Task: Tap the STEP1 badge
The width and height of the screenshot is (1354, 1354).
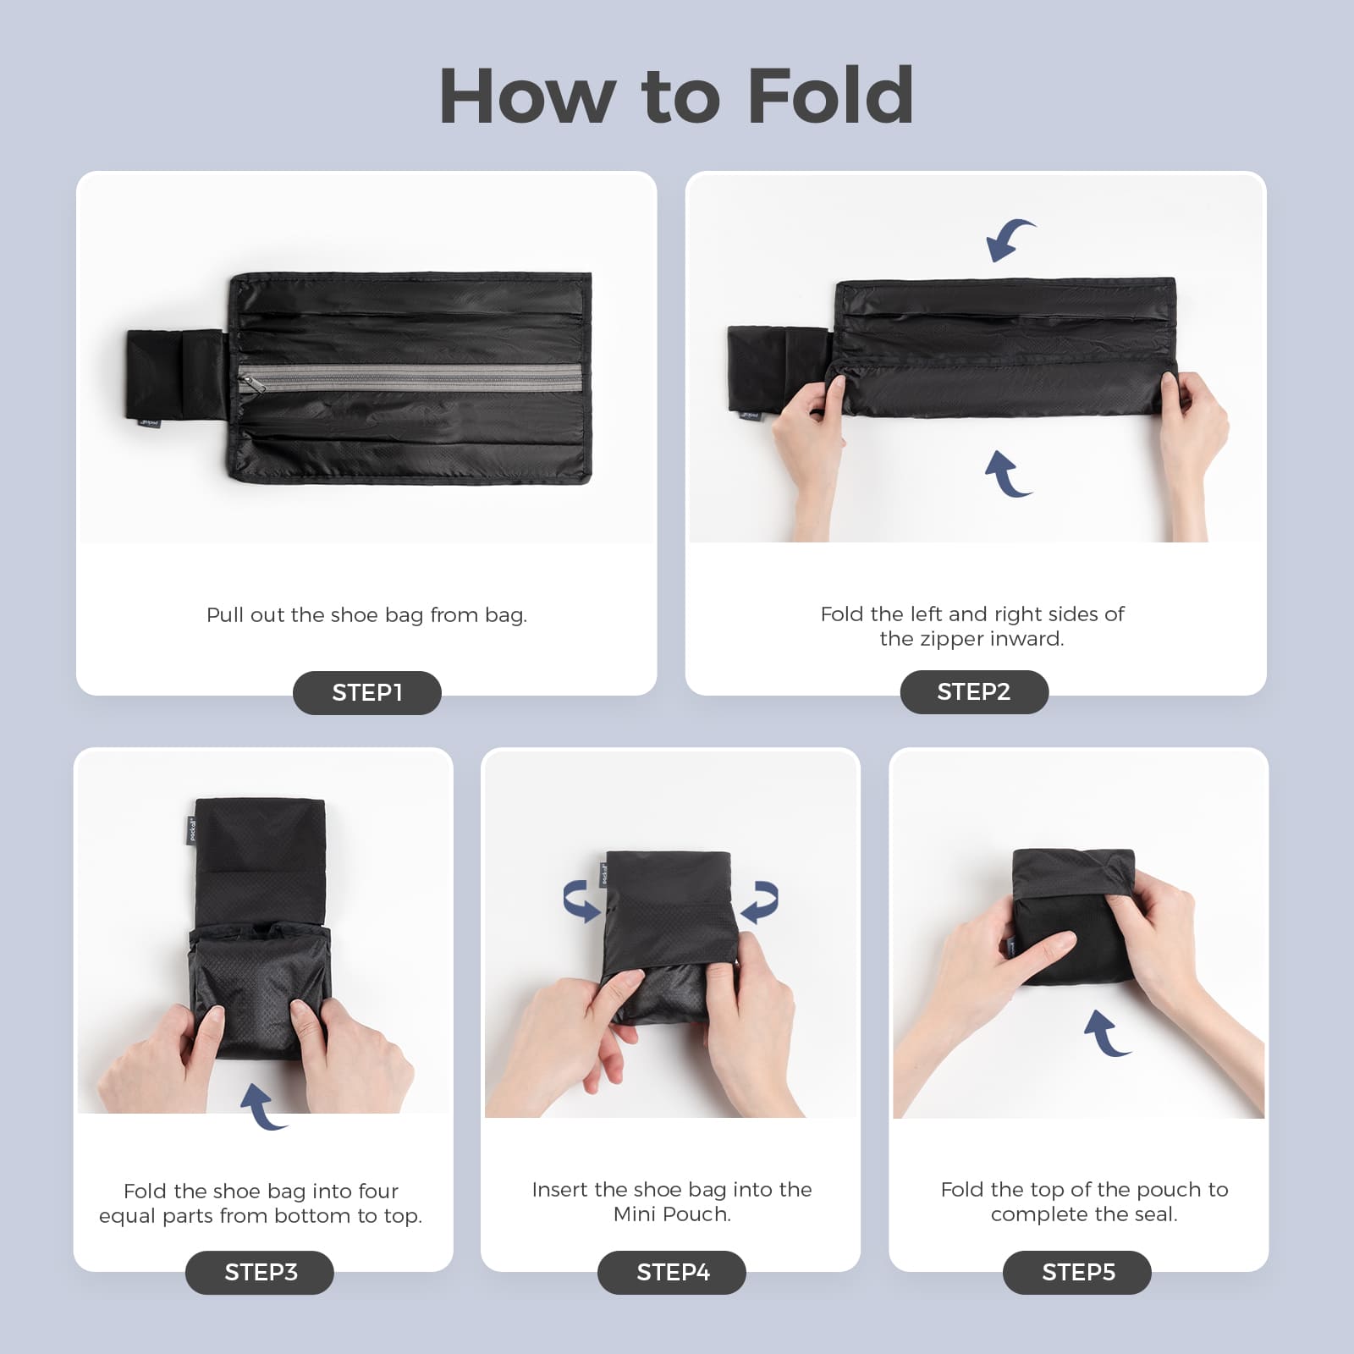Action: (x=366, y=692)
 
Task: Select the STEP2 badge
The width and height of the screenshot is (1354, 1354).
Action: (x=973, y=691)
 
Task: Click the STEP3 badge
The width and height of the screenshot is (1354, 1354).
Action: (x=260, y=1272)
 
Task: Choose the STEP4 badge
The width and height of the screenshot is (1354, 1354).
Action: (x=672, y=1272)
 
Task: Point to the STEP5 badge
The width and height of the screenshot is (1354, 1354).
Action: (x=1077, y=1272)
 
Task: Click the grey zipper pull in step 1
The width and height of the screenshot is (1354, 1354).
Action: (x=252, y=383)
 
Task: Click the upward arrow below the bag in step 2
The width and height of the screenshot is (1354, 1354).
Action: (x=1007, y=474)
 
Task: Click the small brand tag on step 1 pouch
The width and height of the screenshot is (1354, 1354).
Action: (x=150, y=421)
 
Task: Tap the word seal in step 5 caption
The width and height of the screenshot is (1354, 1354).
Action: (x=1154, y=1214)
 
